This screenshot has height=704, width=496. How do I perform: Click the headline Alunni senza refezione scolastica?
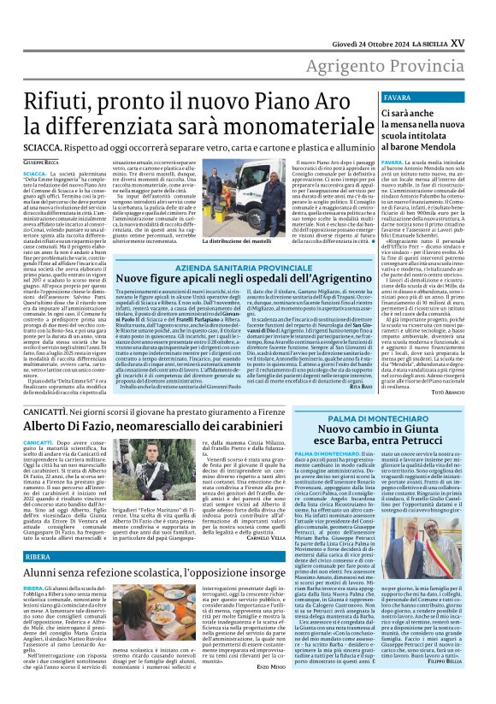coord(165,575)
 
